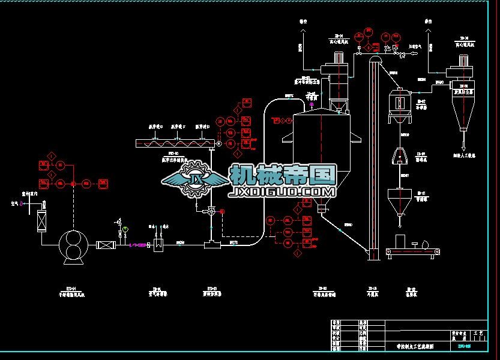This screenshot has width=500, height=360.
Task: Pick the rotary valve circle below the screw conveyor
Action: coord(212,211)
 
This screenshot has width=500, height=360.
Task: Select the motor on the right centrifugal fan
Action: coord(463,61)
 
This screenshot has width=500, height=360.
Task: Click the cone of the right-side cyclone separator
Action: coord(463,113)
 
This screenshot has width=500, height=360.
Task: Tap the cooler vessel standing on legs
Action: coord(400,102)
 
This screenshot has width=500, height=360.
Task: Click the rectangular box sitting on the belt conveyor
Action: coord(400,241)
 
